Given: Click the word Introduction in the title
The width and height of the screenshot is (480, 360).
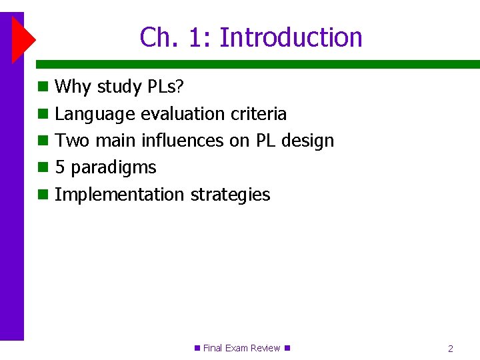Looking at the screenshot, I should [x=291, y=37].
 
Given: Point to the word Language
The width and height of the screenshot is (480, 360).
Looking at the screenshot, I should [x=95, y=115].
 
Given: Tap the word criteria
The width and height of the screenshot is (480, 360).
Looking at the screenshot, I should [x=259, y=114].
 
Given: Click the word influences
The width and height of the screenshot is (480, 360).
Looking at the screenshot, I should [x=183, y=141].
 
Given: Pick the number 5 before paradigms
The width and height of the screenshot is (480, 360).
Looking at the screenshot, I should [x=60, y=167].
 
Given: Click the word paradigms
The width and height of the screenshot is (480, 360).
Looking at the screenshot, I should [x=113, y=168].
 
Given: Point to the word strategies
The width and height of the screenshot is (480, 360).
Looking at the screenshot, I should [x=231, y=195].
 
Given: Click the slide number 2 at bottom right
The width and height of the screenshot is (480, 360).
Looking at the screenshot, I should [x=451, y=349].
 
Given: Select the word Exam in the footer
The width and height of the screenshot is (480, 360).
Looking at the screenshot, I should [x=237, y=348].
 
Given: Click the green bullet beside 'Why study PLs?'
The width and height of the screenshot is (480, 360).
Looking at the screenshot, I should [x=43, y=87].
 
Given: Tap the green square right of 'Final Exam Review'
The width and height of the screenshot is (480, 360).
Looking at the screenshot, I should [x=287, y=348].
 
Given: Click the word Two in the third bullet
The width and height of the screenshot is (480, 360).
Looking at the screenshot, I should [x=72, y=141].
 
